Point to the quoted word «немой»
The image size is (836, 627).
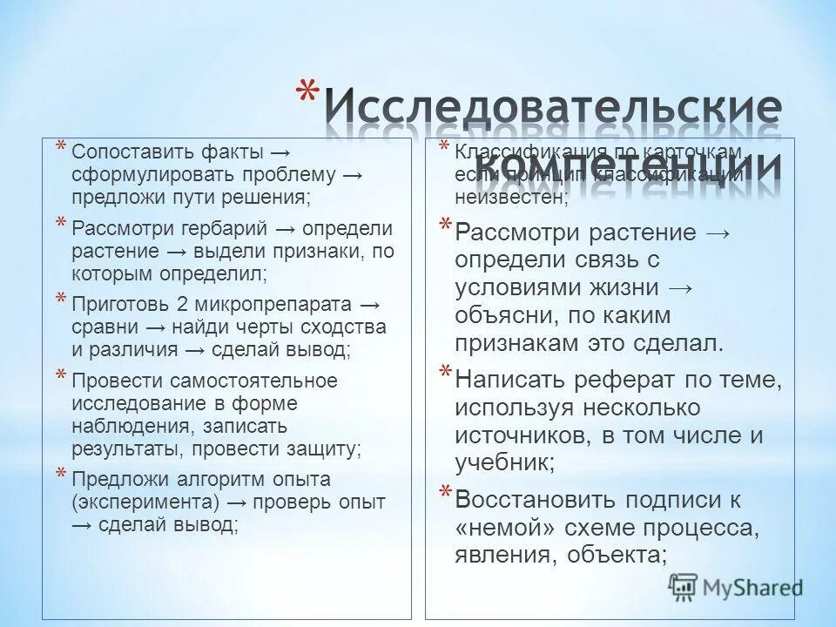pyautogui.click(x=502, y=528)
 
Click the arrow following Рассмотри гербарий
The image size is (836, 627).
pyautogui.click(x=285, y=229)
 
